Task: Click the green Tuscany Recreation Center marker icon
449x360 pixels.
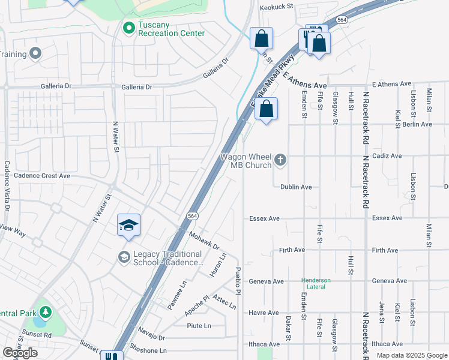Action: tap(128, 28)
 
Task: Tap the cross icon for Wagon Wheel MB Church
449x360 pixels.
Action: tap(280, 160)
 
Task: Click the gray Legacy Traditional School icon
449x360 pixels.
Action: tap(124, 257)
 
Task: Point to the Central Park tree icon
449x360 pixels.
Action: tap(45, 312)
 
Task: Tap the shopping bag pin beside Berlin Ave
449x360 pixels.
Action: tap(267, 109)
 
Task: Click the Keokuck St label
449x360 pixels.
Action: tap(276, 7)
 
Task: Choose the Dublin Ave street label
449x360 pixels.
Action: tap(296, 187)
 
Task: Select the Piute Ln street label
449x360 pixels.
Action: tap(199, 326)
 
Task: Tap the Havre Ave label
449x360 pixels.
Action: tap(265, 313)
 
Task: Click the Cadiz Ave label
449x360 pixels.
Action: tap(387, 156)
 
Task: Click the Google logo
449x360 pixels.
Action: tap(20, 353)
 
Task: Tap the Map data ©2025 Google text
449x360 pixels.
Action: tap(411, 355)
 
